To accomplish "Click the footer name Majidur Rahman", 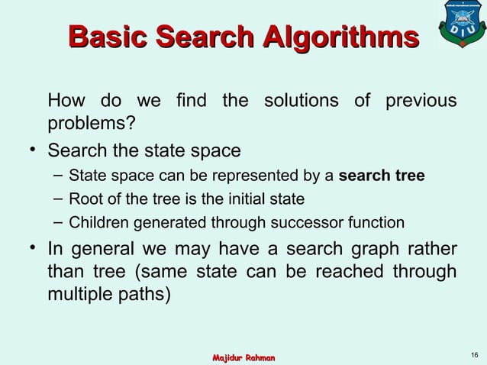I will click(243, 357).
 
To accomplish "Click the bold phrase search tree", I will click(382, 177).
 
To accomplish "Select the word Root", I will click(84, 200).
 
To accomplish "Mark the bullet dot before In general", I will click(34, 249).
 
